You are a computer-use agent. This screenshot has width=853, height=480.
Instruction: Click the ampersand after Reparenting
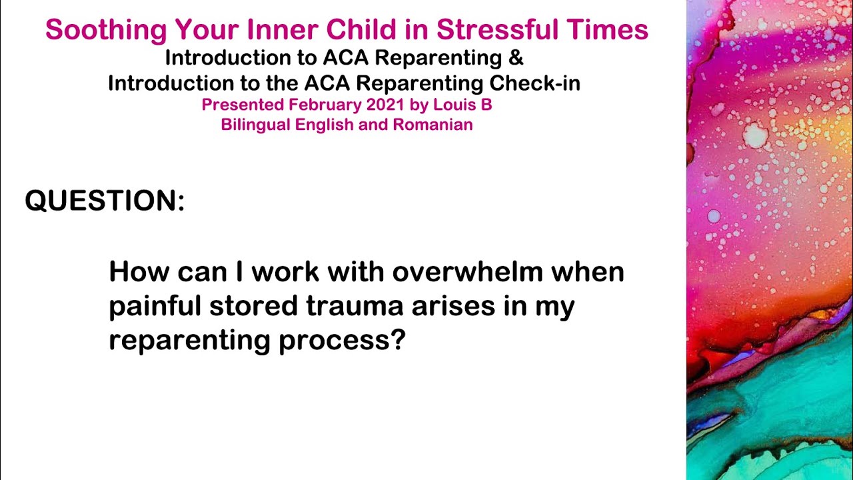tap(516, 58)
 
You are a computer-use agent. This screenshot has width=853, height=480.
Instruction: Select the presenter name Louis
tap(460, 105)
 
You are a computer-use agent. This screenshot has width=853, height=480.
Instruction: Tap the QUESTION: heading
tap(105, 201)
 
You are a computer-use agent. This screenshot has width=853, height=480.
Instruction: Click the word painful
tap(155, 307)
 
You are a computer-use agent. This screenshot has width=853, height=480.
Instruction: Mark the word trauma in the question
tap(355, 307)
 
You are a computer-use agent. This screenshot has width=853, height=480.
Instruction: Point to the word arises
tap(450, 307)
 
